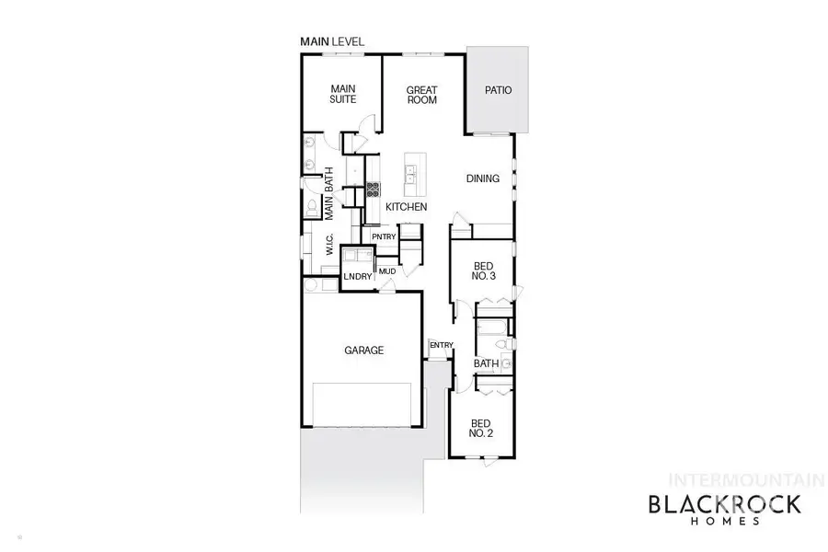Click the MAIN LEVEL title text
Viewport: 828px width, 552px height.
click(x=332, y=41)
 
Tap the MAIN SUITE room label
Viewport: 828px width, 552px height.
click(x=343, y=94)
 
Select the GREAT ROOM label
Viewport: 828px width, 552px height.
click(x=422, y=95)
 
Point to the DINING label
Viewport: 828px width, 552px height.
click(x=482, y=178)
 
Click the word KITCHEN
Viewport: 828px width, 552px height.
click(x=406, y=208)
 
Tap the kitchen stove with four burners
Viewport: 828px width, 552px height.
click(x=374, y=190)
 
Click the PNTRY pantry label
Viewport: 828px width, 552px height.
click(x=384, y=237)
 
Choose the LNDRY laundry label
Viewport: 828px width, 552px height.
click(x=357, y=277)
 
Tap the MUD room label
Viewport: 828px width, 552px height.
click(x=386, y=270)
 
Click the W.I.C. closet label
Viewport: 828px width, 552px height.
click(x=329, y=245)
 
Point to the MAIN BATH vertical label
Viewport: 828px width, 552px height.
click(x=328, y=193)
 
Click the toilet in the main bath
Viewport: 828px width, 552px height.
click(x=311, y=206)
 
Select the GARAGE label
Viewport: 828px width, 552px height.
click(x=363, y=350)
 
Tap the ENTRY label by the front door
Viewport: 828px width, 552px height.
click(x=442, y=346)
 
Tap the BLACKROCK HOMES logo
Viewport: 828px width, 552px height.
click(x=726, y=508)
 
